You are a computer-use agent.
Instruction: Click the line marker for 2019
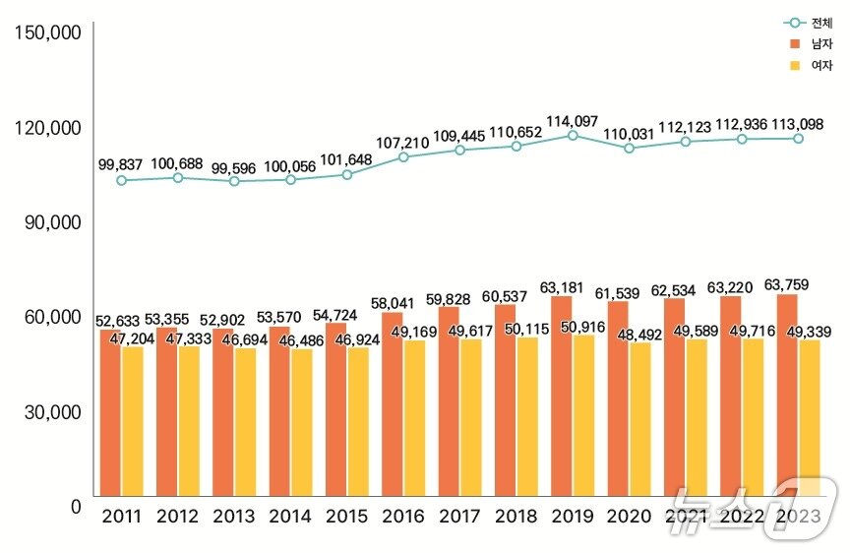tap(573, 135)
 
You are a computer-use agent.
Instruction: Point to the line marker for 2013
tap(234, 181)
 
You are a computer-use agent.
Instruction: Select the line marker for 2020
tap(630, 148)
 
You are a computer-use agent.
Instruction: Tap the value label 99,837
tap(121, 164)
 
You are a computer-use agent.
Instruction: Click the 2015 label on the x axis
tap(346, 517)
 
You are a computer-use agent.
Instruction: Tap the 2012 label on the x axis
tap(177, 517)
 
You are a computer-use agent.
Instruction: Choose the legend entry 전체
tap(809, 23)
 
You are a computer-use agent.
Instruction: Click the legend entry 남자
tap(809, 44)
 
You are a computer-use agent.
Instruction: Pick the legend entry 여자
tap(809, 66)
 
